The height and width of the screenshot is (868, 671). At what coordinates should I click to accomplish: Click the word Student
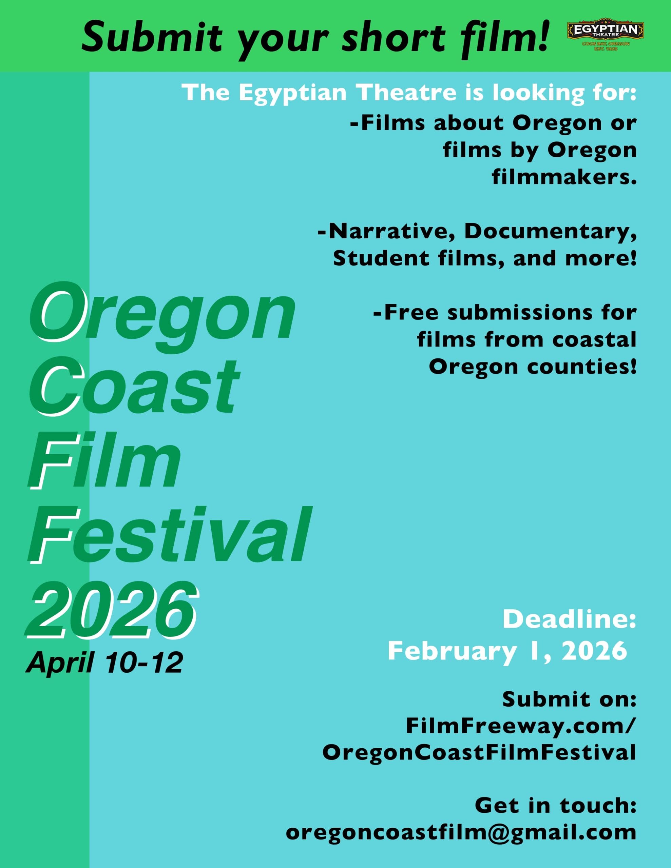pyautogui.click(x=381, y=259)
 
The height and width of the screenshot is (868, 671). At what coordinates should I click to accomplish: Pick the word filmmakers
pyautogui.click(x=564, y=177)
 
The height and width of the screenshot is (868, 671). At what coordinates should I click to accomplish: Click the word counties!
pyautogui.click(x=582, y=367)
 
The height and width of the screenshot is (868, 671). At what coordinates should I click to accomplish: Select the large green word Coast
pyautogui.click(x=134, y=386)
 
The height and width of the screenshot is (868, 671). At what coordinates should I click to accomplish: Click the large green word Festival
pyautogui.click(x=169, y=536)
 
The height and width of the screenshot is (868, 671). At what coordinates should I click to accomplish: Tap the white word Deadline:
pyautogui.click(x=570, y=619)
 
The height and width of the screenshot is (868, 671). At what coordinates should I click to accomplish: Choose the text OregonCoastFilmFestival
pyautogui.click(x=479, y=752)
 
